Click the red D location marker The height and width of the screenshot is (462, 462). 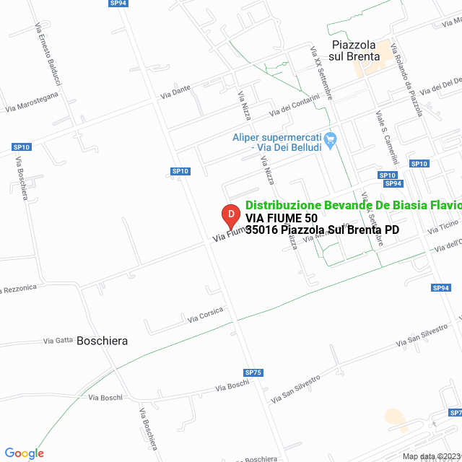click(230, 215)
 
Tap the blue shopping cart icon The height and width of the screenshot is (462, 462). click(331, 140)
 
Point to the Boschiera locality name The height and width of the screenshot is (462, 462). click(102, 341)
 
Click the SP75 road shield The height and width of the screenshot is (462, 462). click(253, 372)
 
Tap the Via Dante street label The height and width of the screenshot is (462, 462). click(175, 92)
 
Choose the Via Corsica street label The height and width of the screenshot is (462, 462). click(205, 315)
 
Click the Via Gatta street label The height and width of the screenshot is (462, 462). click(58, 340)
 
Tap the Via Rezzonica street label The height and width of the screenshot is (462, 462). click(19, 289)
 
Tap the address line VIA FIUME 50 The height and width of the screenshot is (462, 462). click(281, 218)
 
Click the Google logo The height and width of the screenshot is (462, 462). click(24, 453)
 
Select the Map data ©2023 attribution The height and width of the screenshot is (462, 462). click(431, 456)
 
